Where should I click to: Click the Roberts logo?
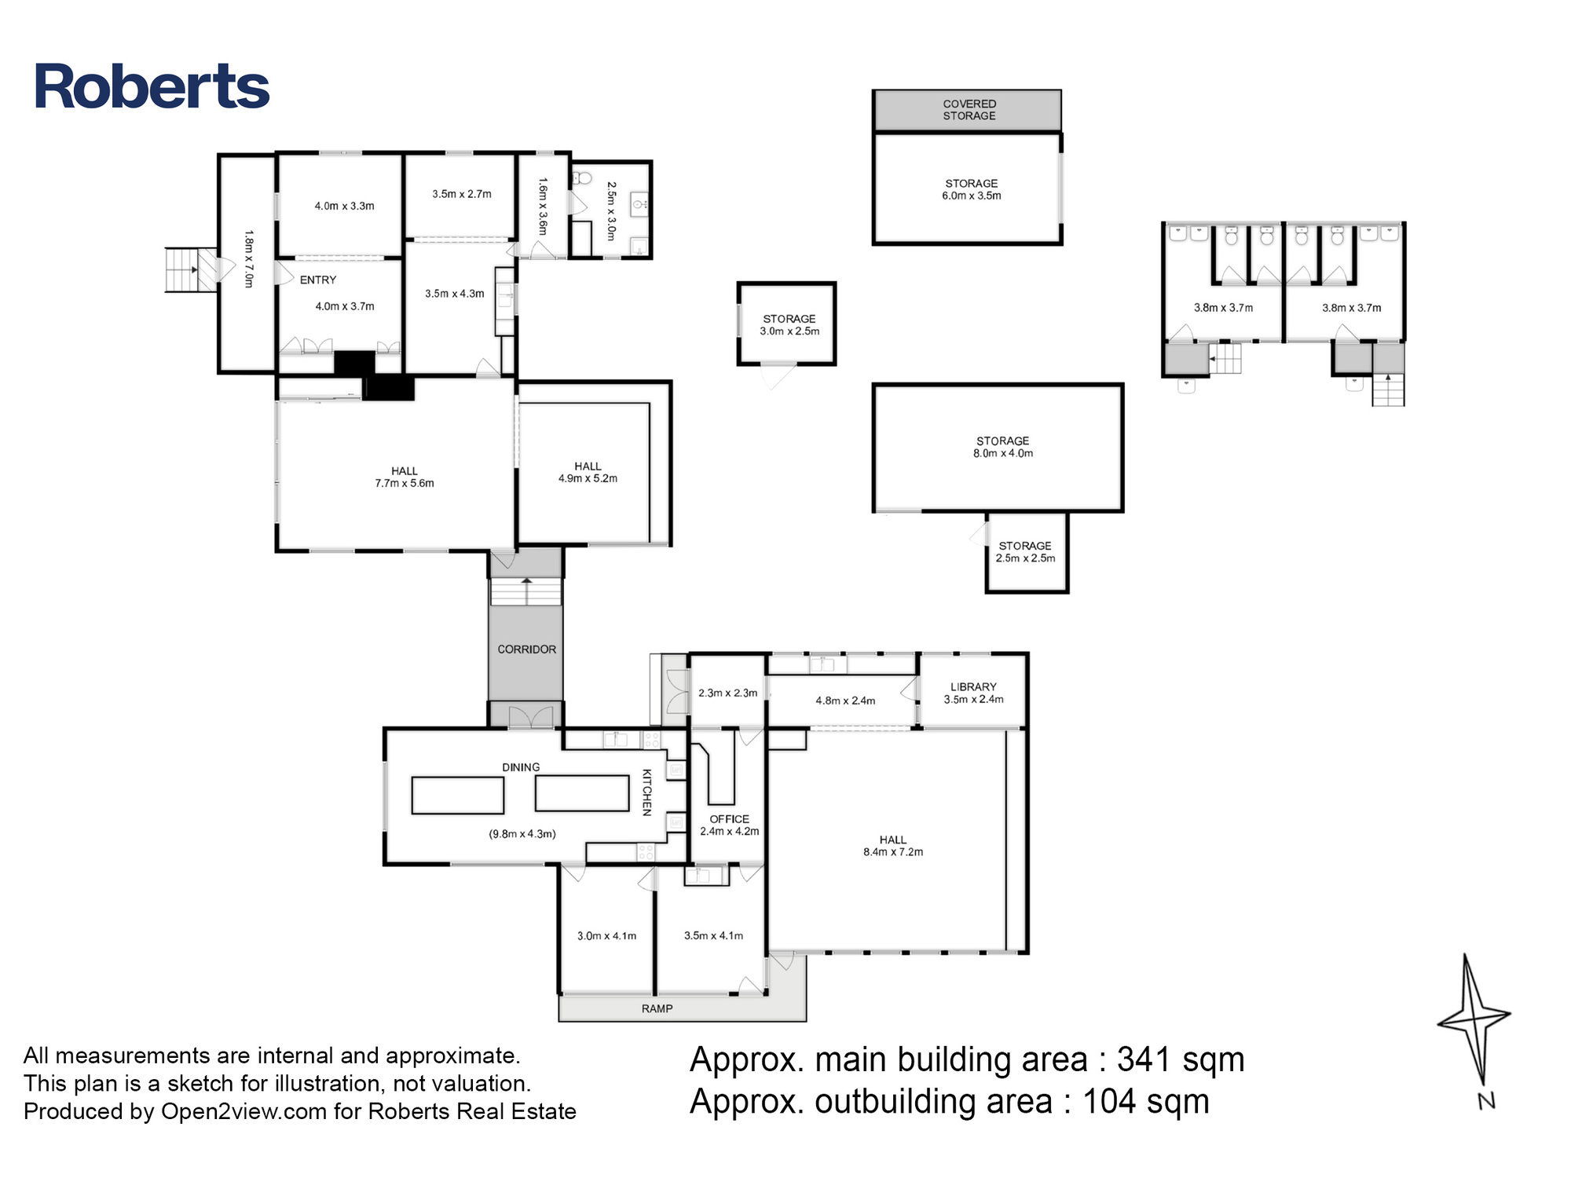(x=152, y=86)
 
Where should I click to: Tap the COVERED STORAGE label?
(x=969, y=110)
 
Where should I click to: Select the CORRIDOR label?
(x=526, y=649)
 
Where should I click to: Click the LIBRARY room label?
(x=973, y=686)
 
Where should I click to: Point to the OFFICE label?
(x=730, y=819)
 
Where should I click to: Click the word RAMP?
(x=657, y=1008)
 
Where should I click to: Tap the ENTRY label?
(x=318, y=280)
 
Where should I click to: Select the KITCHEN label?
(x=646, y=792)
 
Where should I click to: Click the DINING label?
(x=521, y=767)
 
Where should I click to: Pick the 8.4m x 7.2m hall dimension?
(x=893, y=852)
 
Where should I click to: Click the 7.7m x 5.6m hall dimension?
(x=405, y=484)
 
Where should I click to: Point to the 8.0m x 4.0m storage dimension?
(x=1003, y=453)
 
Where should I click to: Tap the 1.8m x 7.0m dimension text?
(x=249, y=258)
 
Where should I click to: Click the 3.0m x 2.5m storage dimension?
(x=789, y=331)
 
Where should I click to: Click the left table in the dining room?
(x=458, y=795)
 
